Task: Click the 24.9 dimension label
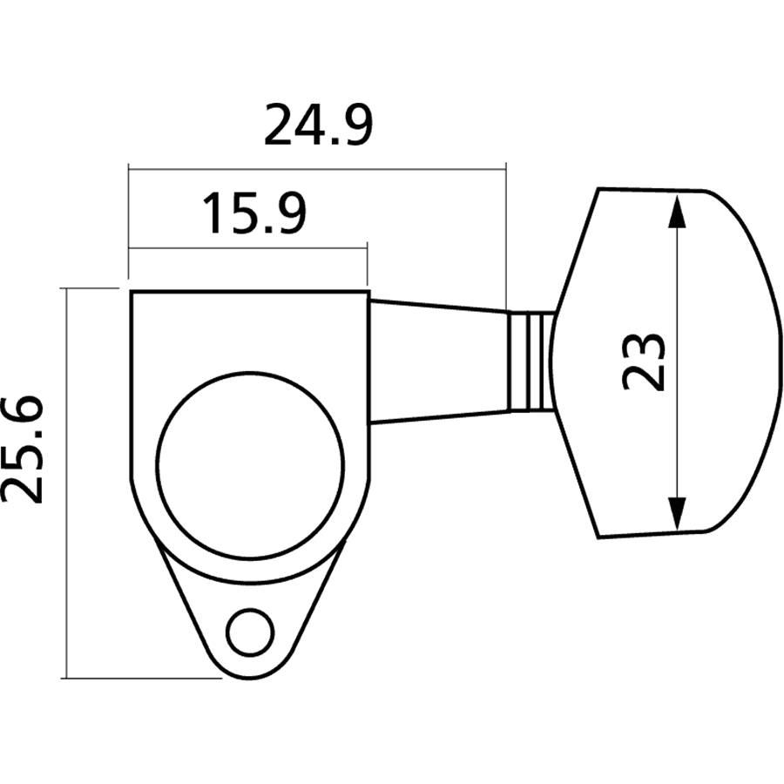tap(318, 126)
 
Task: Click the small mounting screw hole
tap(247, 633)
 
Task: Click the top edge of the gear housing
tap(250, 292)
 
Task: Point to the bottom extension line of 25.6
tap(139, 678)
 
